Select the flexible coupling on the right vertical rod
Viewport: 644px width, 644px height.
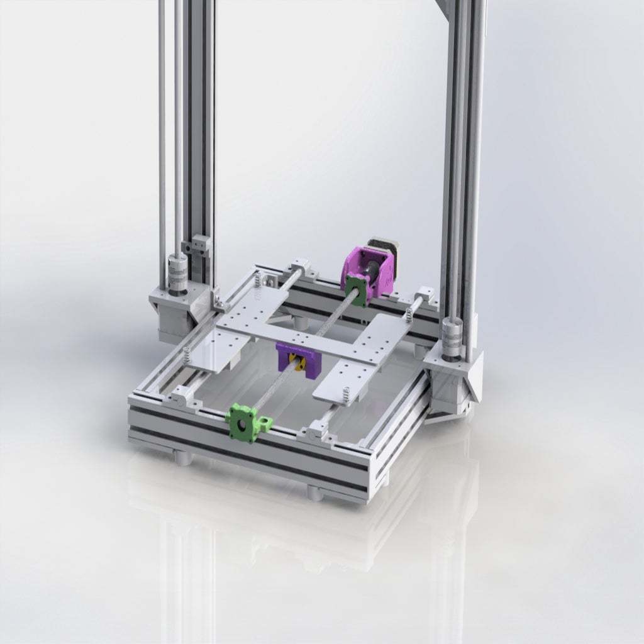click(451, 333)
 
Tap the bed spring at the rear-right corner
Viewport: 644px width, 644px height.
click(409, 314)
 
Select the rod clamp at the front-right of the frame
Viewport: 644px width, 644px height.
click(315, 432)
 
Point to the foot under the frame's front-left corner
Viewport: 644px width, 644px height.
click(182, 457)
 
